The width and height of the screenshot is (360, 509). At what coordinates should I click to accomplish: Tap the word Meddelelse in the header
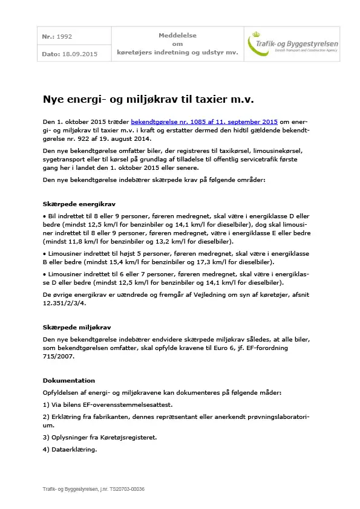click(177, 36)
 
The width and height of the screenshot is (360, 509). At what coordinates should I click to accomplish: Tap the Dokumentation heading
click(68, 380)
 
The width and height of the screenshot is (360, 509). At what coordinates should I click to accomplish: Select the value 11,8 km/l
click(81, 241)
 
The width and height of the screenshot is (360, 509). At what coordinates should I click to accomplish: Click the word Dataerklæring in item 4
click(74, 449)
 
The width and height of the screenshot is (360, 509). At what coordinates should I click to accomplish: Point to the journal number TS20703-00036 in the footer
click(124, 489)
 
